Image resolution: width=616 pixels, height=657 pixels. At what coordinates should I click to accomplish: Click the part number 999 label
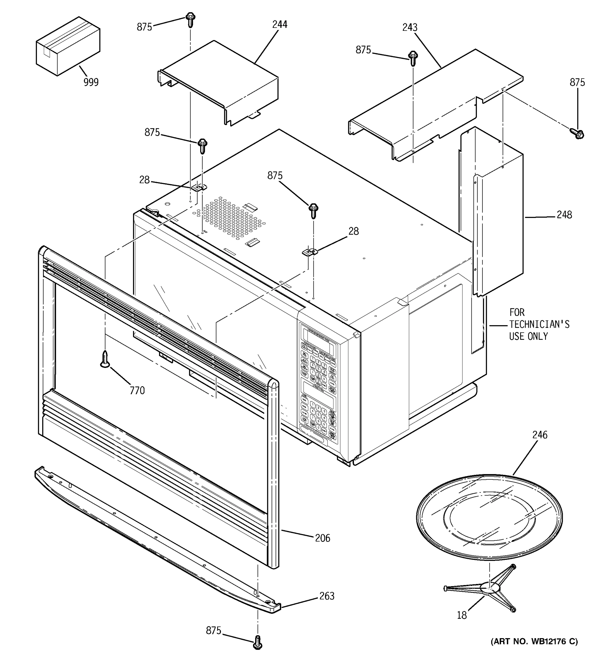click(91, 82)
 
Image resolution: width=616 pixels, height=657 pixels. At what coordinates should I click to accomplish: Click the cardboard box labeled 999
click(68, 46)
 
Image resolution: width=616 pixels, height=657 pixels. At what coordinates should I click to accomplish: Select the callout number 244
click(280, 24)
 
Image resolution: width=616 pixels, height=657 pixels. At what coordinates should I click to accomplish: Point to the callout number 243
click(410, 27)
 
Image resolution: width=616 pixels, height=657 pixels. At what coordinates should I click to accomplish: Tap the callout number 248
click(564, 215)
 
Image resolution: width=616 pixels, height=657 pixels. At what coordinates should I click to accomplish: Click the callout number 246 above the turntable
click(540, 435)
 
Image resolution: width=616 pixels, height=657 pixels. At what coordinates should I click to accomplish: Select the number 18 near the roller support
click(462, 615)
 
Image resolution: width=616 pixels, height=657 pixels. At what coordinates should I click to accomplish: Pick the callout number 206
click(322, 538)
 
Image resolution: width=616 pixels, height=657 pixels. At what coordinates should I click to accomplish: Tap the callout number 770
click(137, 391)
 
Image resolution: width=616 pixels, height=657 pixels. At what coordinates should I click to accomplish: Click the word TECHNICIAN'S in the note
click(539, 325)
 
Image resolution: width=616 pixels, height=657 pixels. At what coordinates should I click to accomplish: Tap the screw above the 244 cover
click(191, 19)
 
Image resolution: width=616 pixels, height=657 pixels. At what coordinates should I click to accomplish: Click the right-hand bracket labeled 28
click(310, 252)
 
